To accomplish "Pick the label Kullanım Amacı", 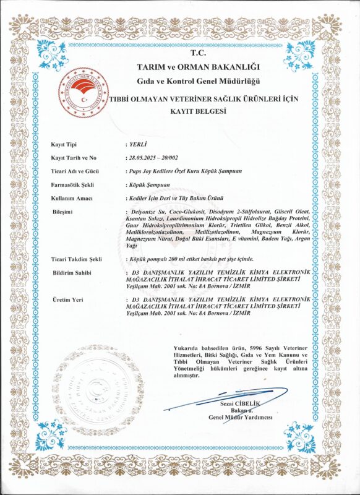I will pyautogui.click(x=71, y=198).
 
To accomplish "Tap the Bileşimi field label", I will pyautogui.click(x=62, y=212).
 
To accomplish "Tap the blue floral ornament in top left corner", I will pyautogui.click(x=52, y=53).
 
